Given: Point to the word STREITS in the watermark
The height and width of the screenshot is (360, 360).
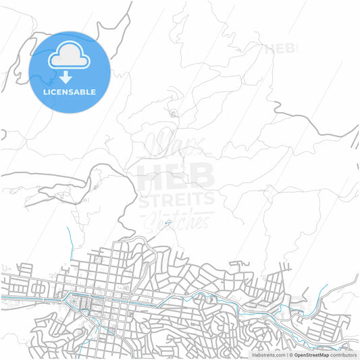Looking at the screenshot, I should (177, 199).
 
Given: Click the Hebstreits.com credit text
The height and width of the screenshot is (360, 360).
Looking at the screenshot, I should (269, 355).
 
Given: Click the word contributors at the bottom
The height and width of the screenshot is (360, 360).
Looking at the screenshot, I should (343, 355).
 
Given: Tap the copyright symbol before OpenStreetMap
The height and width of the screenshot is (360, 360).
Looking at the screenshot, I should (290, 355).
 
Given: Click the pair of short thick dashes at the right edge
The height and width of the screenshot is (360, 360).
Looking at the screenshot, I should (354, 138).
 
